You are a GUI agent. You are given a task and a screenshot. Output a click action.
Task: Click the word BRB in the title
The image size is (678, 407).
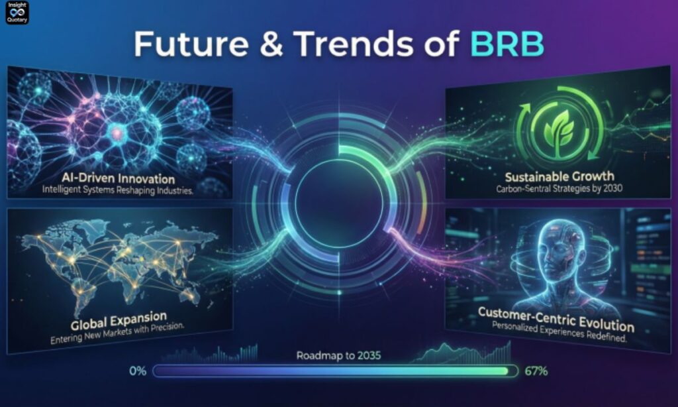(508, 44)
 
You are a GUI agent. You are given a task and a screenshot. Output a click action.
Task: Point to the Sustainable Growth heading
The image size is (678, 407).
(559, 176)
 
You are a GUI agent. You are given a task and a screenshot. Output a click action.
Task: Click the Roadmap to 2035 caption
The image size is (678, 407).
(338, 356)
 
